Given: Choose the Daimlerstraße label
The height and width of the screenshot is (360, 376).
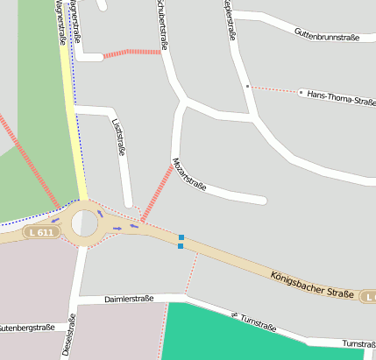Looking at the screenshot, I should coord(129,299).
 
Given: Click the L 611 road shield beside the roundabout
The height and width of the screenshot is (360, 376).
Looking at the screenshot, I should coord(40,232).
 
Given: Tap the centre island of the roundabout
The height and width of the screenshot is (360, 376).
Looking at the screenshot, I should coord(84,222).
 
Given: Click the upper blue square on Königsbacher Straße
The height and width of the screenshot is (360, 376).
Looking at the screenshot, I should coord(181,237).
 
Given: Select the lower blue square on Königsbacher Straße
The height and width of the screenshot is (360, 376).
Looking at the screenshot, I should coord(181,246).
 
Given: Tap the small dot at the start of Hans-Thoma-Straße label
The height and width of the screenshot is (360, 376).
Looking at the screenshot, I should coord(301,92).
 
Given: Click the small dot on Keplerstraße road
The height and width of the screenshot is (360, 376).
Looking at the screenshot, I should coord(248,86).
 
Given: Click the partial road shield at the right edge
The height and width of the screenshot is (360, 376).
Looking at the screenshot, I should coord(370,298).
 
